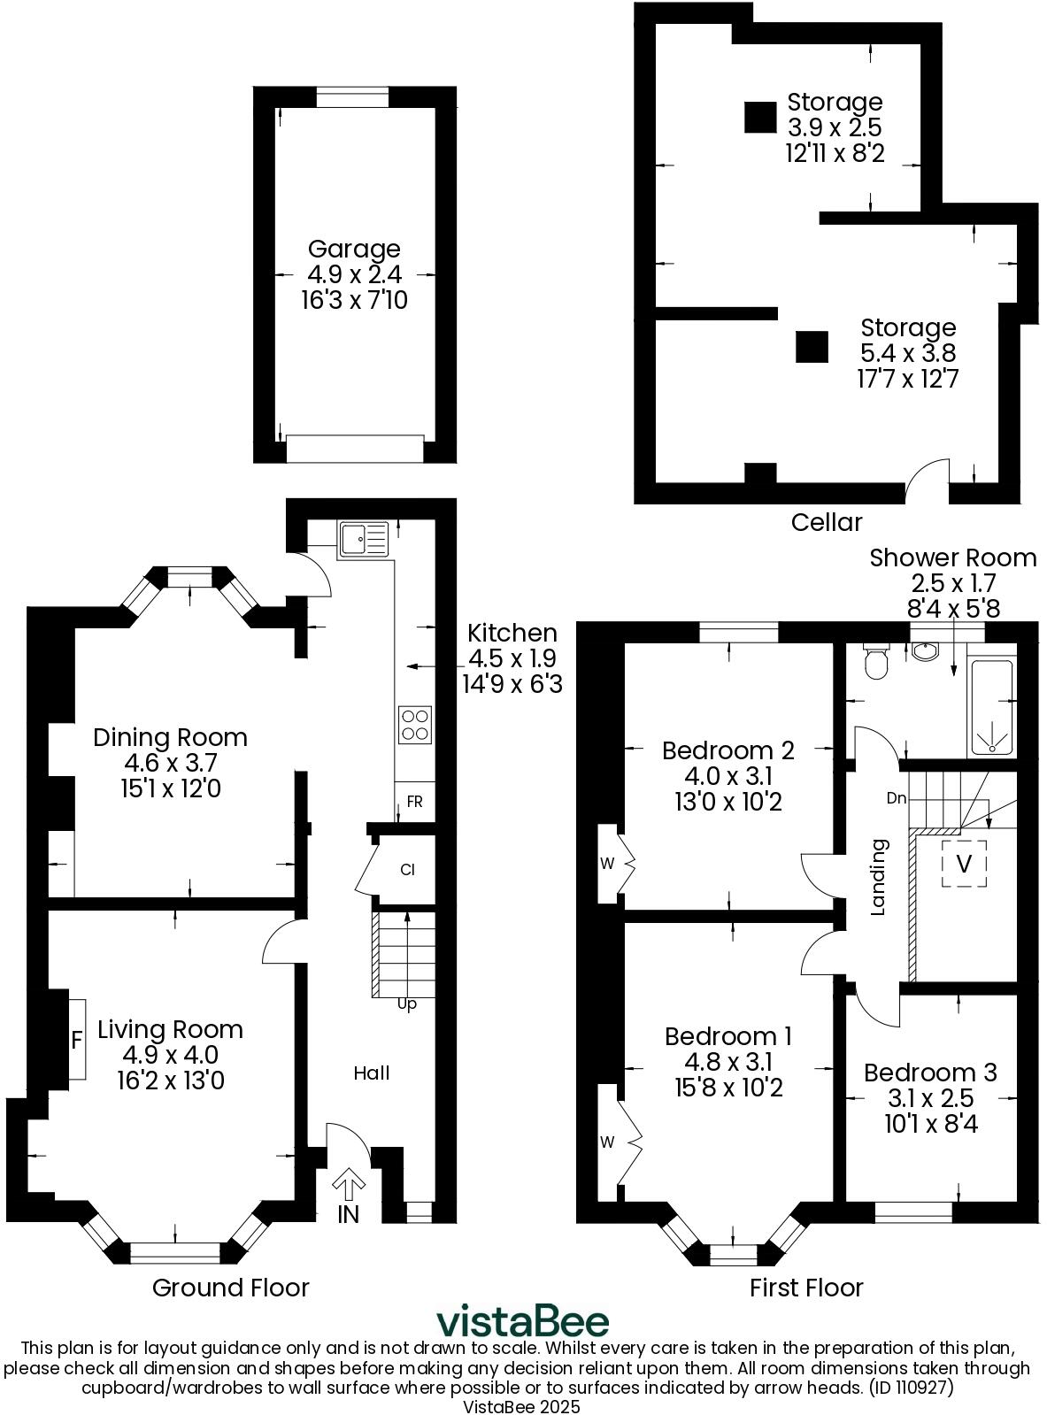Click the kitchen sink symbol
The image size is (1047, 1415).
(364, 539)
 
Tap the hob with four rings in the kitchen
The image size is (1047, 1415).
(416, 725)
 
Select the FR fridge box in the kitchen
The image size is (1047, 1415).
(414, 802)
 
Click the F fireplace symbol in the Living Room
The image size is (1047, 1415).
(77, 1039)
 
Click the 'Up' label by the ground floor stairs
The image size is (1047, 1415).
(406, 1004)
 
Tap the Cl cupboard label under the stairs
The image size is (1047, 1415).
(407, 870)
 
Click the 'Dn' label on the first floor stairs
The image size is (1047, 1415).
(897, 798)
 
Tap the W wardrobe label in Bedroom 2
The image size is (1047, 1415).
(607, 864)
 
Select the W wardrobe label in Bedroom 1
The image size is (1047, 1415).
(607, 1142)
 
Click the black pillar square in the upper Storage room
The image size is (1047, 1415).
(759, 117)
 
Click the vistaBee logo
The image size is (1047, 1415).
(522, 1322)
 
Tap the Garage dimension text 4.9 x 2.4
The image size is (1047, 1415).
(354, 274)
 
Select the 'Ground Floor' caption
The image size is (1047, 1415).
(230, 1288)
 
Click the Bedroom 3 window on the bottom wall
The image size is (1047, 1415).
(912, 1211)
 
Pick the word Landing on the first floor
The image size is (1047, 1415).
(879, 876)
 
